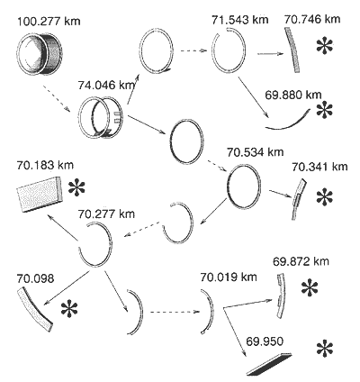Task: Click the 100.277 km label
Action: coord(49,22)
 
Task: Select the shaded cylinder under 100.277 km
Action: coord(40,53)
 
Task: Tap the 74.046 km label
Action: coord(106,86)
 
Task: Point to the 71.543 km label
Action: coord(239,20)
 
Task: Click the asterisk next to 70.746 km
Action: coord(325,47)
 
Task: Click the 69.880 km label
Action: coord(293,95)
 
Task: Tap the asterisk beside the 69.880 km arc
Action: coord(325,110)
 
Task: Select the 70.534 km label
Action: coord(255,151)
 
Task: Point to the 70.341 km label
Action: coord(319,167)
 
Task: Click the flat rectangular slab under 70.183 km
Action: coord(40,194)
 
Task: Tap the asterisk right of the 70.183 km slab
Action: coord(76,188)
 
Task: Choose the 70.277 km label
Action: coord(106,214)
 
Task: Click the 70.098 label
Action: coord(35,278)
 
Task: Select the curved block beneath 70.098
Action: coord(34,309)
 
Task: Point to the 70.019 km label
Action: coord(229,277)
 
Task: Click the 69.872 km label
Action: coord(301,261)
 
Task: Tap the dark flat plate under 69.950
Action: coord(269,364)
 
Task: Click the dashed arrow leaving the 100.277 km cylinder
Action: coord(57,99)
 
